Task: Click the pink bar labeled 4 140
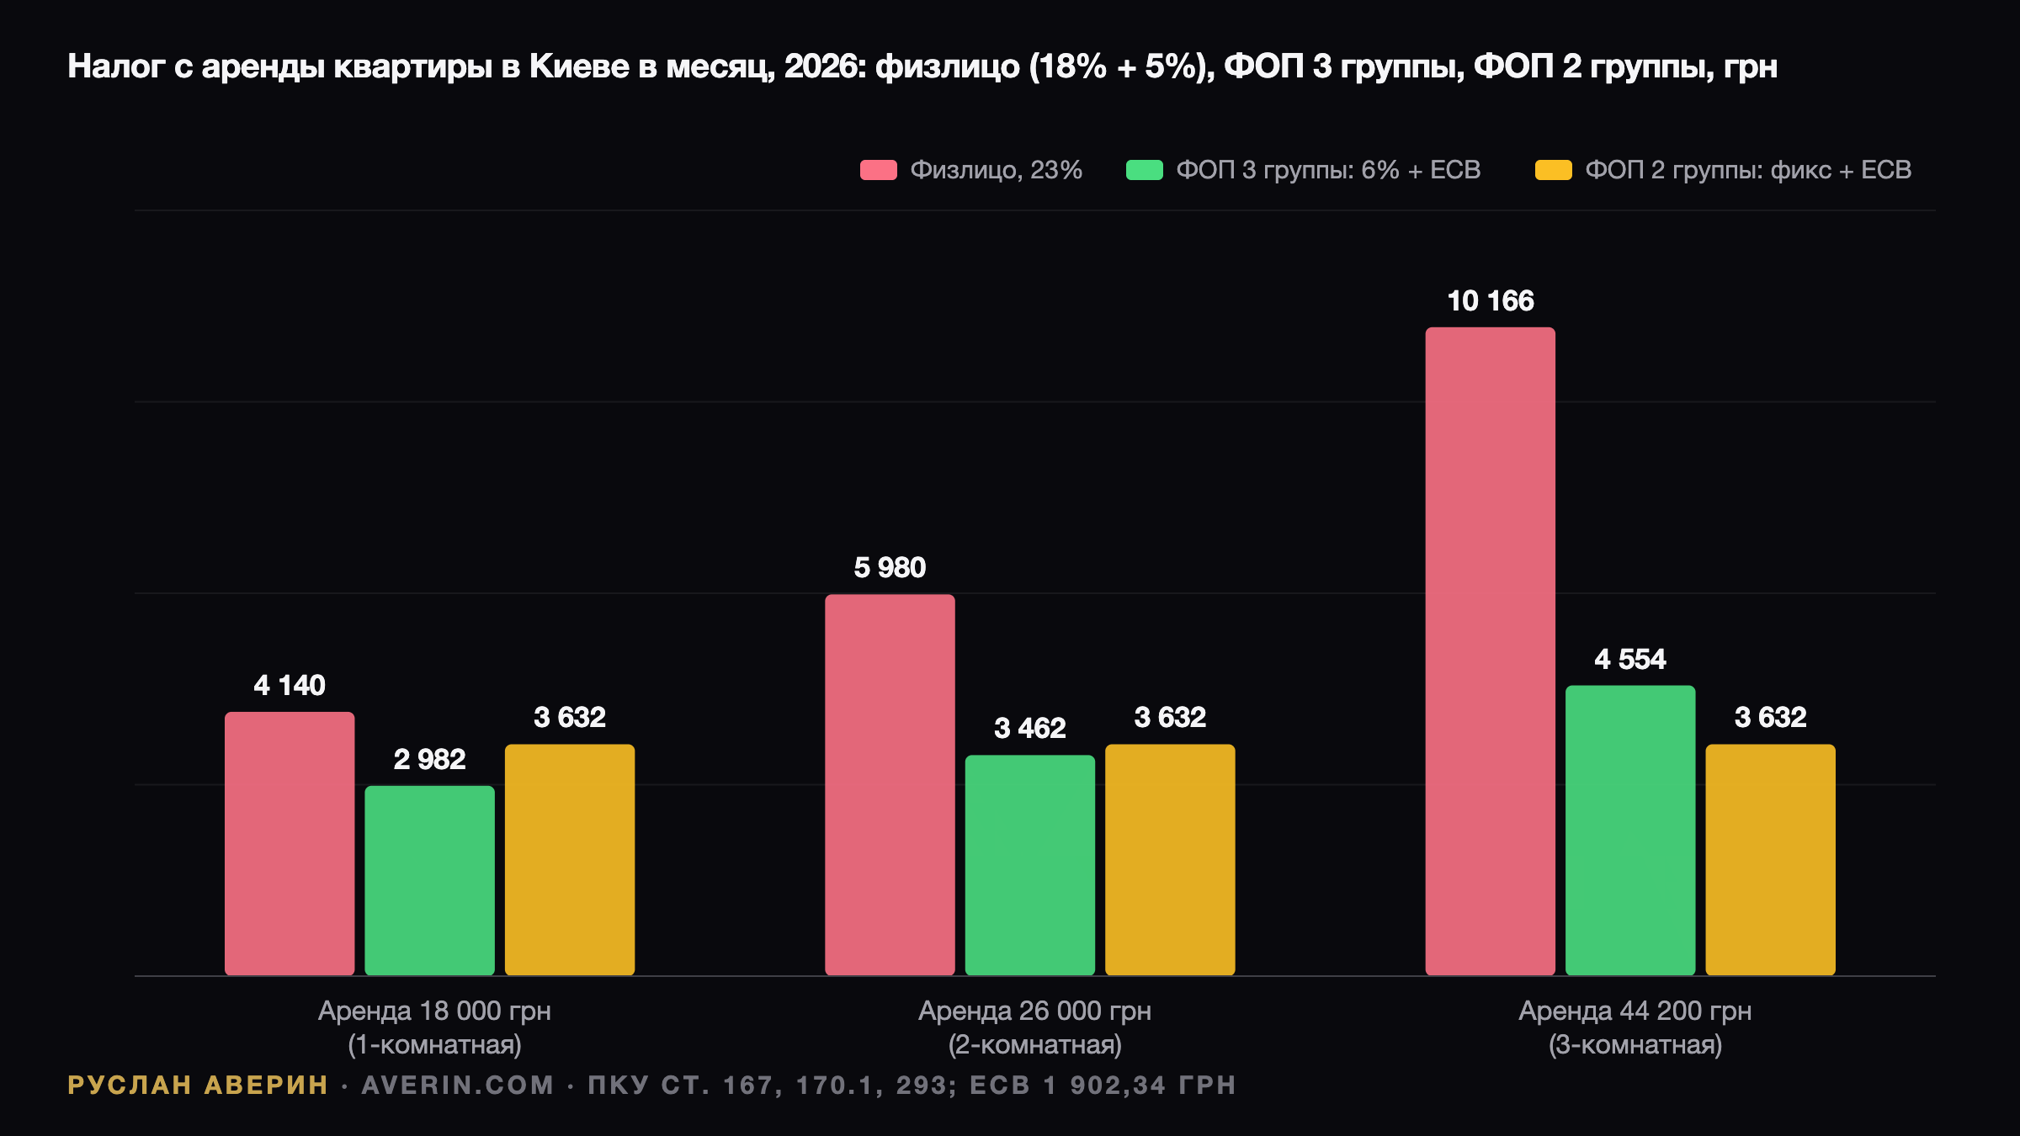click(290, 843)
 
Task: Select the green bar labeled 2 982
click(429, 880)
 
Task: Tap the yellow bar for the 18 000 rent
click(570, 860)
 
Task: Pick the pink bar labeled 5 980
click(890, 785)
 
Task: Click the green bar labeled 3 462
click(1030, 865)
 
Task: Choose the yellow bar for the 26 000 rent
click(1170, 860)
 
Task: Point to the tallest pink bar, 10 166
click(1490, 651)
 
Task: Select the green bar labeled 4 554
click(1630, 831)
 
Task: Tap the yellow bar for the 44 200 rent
click(1770, 860)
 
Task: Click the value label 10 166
click(1490, 300)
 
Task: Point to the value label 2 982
click(429, 759)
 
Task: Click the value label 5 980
click(890, 567)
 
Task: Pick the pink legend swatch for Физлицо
click(878, 170)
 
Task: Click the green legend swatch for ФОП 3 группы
click(1144, 170)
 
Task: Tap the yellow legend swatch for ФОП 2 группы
click(1553, 170)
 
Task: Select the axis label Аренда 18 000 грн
click(434, 1011)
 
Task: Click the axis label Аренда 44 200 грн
click(1635, 1011)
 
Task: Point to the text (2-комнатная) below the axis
click(1034, 1045)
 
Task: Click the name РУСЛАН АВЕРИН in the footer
click(198, 1085)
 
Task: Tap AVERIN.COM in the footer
click(458, 1085)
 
